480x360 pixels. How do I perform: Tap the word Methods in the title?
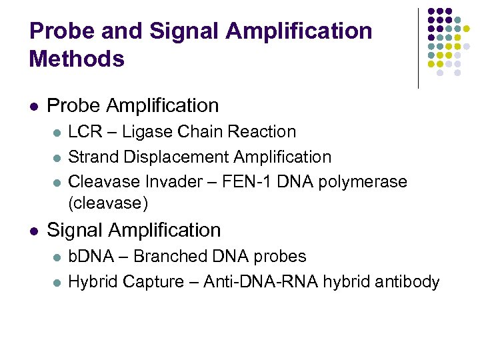click(x=77, y=59)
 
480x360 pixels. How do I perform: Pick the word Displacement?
click(x=176, y=157)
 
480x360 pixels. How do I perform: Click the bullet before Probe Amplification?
click(x=33, y=106)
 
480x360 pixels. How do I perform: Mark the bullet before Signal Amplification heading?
click(x=33, y=231)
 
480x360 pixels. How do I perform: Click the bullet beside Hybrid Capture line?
click(x=57, y=283)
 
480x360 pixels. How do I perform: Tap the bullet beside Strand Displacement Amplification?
click(x=57, y=158)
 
